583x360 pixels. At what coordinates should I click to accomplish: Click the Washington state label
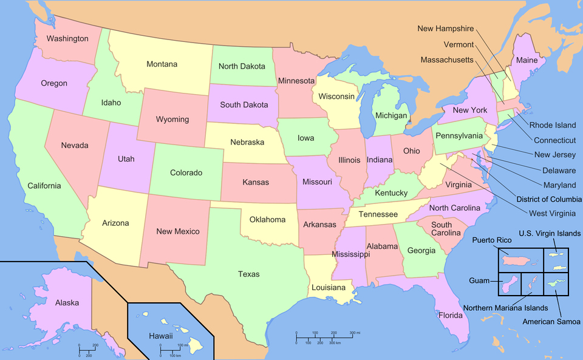67,39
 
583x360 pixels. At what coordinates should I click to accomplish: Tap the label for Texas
248,274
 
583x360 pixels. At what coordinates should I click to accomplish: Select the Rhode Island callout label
553,126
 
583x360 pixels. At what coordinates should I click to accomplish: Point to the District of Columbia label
548,199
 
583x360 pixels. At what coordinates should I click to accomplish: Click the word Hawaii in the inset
161,336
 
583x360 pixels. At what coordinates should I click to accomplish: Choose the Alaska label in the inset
67,302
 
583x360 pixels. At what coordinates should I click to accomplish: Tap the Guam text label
480,281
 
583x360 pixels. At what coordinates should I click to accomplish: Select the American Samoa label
551,322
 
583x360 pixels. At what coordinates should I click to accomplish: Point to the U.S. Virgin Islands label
549,233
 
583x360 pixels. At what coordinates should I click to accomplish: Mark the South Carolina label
446,229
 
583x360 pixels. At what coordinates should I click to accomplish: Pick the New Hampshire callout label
445,29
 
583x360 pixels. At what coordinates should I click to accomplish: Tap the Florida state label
451,315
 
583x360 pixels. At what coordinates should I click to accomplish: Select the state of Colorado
185,173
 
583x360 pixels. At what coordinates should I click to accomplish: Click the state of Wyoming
172,119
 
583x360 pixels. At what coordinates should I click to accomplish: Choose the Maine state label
527,60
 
